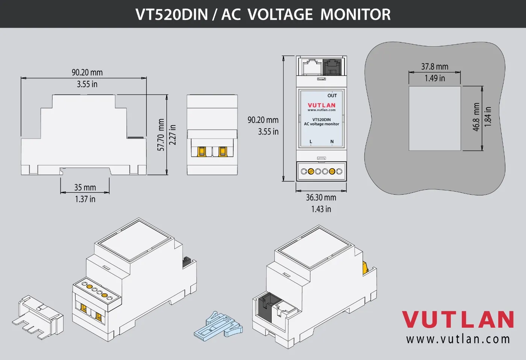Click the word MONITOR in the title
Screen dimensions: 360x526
pyautogui.click(x=355, y=14)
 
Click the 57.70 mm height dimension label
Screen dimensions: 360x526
pyautogui.click(x=161, y=135)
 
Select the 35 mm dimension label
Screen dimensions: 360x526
pyautogui.click(x=85, y=187)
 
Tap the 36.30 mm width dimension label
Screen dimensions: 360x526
pyautogui.click(x=321, y=197)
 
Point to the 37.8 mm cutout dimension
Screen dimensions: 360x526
pyautogui.click(x=435, y=67)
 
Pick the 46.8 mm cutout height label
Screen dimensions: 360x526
pyautogui.click(x=476, y=117)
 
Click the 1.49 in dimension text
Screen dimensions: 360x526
pyautogui.click(x=435, y=78)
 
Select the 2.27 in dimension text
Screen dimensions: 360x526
pyautogui.click(x=172, y=135)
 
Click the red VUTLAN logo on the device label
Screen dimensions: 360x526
pyautogui.click(x=322, y=105)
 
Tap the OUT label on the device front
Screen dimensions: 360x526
pyautogui.click(x=332, y=95)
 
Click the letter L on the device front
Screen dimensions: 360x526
pyautogui.click(x=311, y=142)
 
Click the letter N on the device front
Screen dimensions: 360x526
pyautogui.click(x=332, y=142)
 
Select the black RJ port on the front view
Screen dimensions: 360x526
pyautogui.click(x=332, y=67)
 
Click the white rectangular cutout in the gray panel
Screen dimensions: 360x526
pyautogui.click(x=435, y=118)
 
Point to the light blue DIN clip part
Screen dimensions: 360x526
pyautogui.click(x=218, y=326)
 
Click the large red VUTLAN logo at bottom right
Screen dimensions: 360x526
pyautogui.click(x=458, y=319)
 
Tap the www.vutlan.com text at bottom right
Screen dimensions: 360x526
pyautogui.click(x=458, y=339)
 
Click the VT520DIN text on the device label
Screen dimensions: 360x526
pyautogui.click(x=322, y=119)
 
